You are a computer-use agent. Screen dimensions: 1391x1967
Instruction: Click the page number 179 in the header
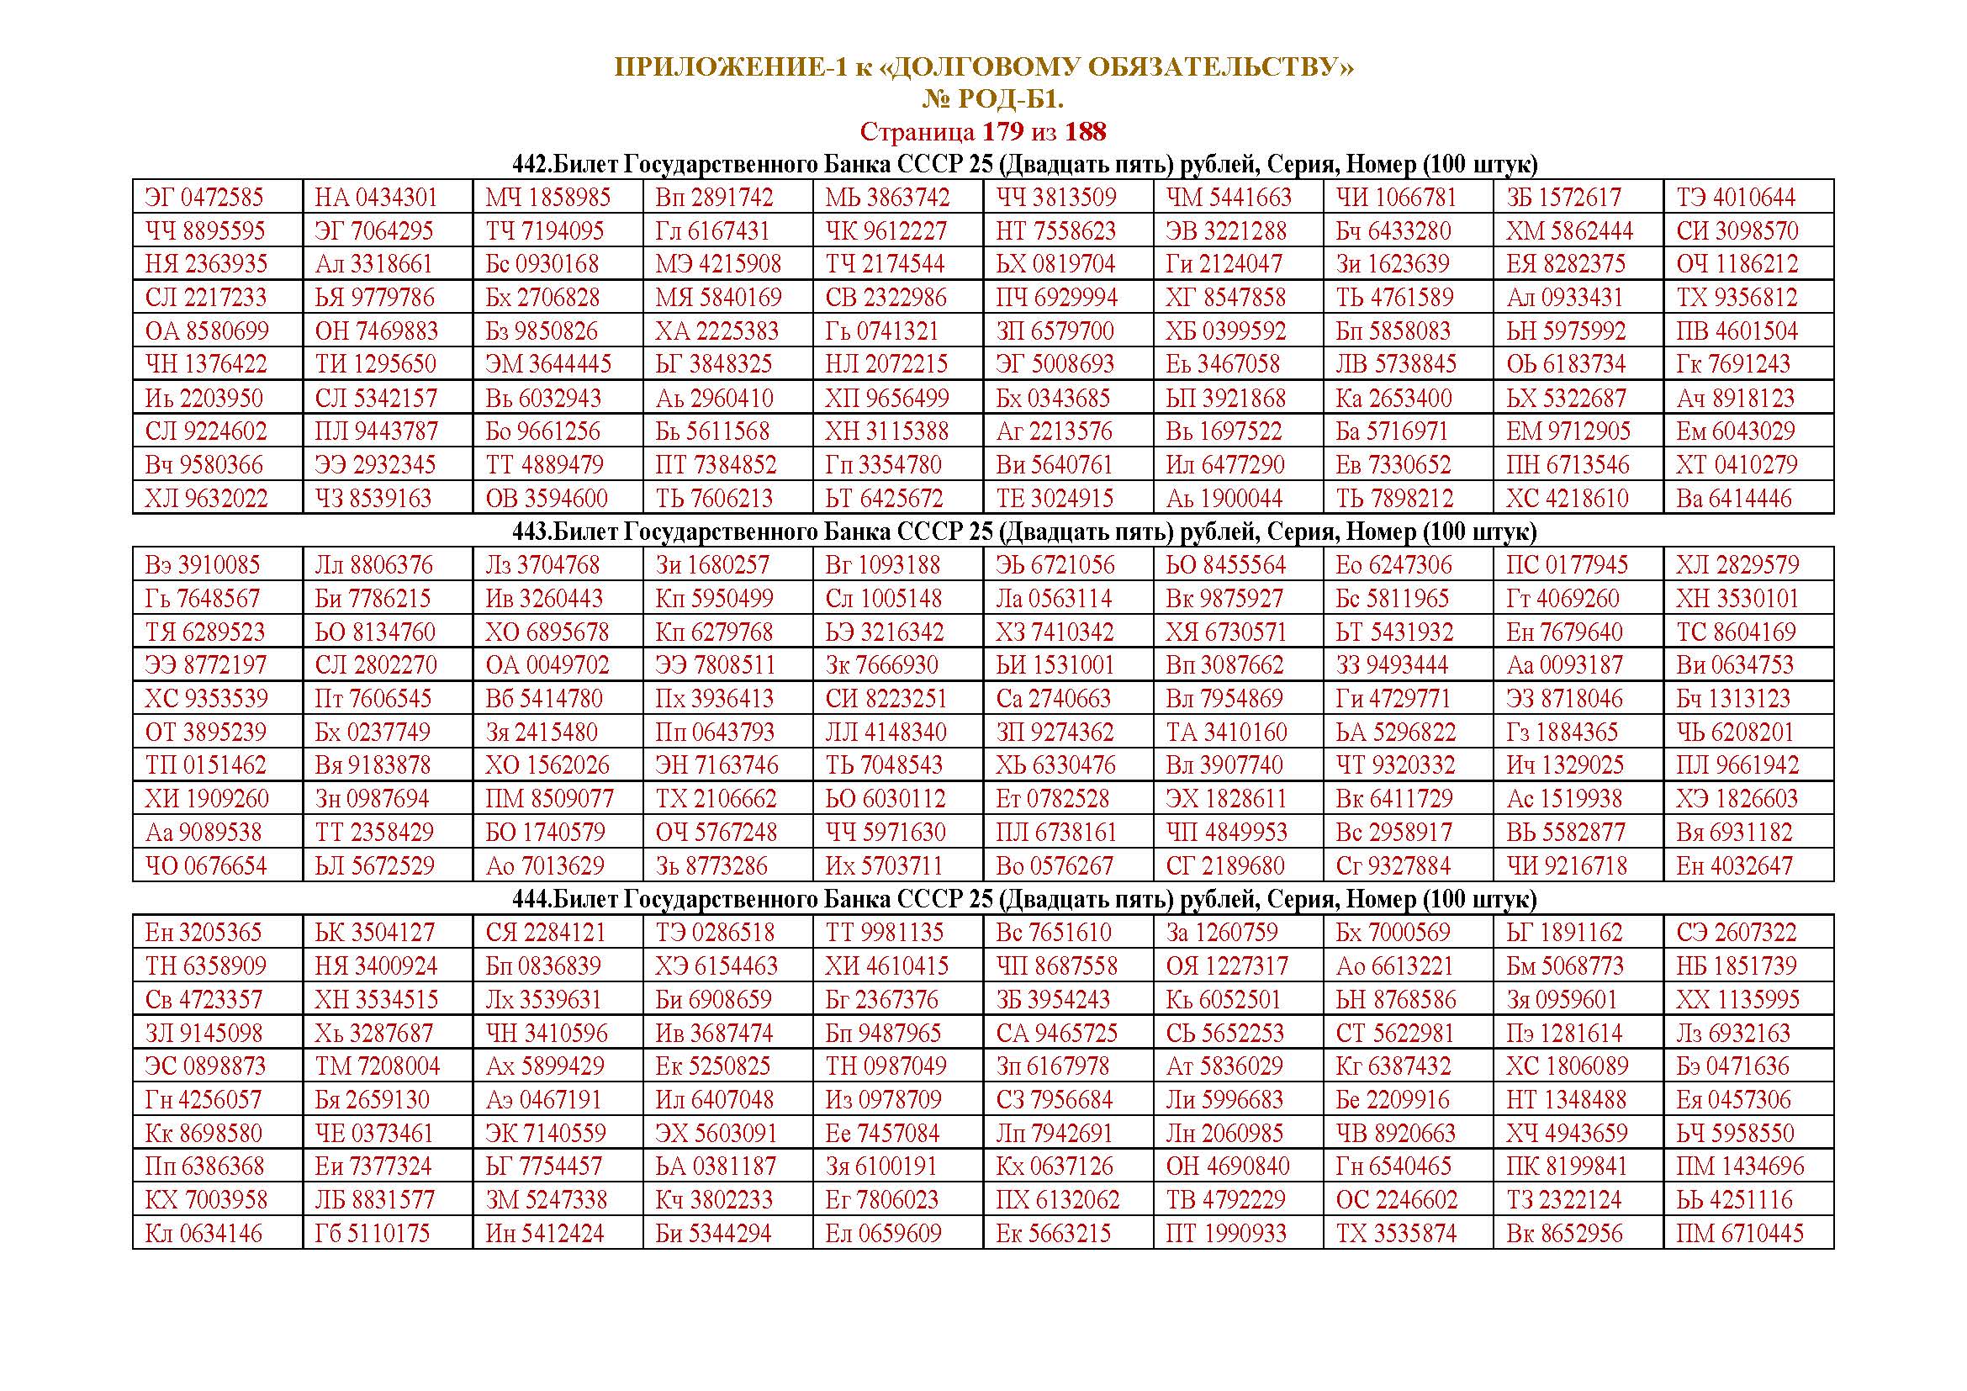[1002, 132]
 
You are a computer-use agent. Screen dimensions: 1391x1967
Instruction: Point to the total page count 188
[1086, 132]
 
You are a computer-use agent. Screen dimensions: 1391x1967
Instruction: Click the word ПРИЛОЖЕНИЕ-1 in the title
[730, 67]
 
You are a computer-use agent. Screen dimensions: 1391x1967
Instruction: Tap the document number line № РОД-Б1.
[992, 100]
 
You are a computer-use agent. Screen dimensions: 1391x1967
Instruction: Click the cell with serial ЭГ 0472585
[204, 198]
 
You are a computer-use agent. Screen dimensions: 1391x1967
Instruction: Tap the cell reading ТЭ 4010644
[1736, 198]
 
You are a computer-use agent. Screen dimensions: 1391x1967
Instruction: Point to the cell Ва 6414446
[1734, 499]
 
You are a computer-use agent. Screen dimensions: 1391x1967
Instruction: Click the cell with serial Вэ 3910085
[203, 565]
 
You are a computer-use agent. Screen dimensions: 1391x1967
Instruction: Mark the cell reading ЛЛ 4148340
[886, 733]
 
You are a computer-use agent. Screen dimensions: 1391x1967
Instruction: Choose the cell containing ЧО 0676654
[205, 866]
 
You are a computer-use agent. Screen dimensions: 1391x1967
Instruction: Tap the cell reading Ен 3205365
[203, 933]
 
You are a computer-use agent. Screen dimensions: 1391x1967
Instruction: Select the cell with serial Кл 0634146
[204, 1234]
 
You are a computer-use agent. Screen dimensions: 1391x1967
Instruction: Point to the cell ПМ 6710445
[1739, 1234]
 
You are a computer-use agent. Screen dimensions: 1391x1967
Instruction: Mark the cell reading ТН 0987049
[886, 1066]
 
